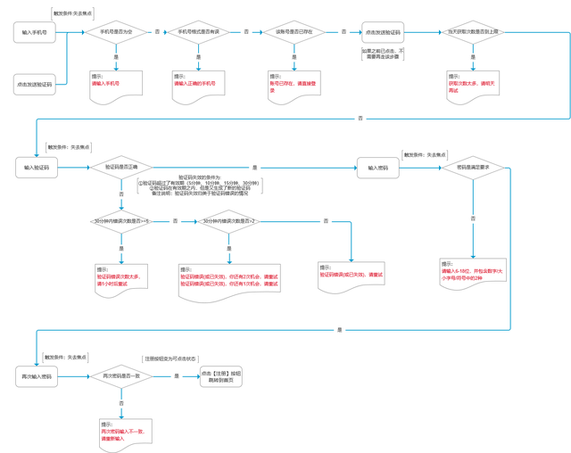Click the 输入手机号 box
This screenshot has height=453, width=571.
35,32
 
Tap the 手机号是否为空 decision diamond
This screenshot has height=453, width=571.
116,32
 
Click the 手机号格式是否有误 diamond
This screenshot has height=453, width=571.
199,32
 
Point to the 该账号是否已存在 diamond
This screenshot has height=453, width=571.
294,32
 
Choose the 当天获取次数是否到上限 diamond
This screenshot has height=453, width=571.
473,32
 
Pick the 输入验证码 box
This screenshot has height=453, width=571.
37,167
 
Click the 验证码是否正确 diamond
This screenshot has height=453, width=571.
121,167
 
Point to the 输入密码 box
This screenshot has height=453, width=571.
378,167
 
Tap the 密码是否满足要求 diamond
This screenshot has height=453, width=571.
473,167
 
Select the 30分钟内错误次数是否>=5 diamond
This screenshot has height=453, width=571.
121,221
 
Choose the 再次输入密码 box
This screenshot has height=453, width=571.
37,376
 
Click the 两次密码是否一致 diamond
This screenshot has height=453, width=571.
121,376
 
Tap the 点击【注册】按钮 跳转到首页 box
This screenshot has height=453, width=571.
220,376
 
